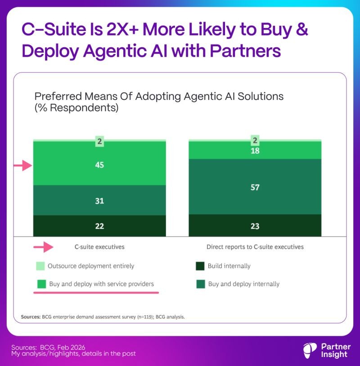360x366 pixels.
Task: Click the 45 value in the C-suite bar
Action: [99, 165]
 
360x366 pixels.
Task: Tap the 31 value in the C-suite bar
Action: [99, 201]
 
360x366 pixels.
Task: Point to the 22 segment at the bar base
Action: [99, 226]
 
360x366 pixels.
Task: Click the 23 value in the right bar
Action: [255, 226]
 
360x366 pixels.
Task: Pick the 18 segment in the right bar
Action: [255, 151]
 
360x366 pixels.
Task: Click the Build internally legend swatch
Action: [200, 266]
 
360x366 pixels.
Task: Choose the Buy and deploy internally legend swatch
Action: [200, 284]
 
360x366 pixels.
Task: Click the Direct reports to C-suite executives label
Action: [255, 247]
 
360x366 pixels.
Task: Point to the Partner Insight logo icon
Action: [310, 350]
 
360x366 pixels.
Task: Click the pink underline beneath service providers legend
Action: [96, 292]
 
